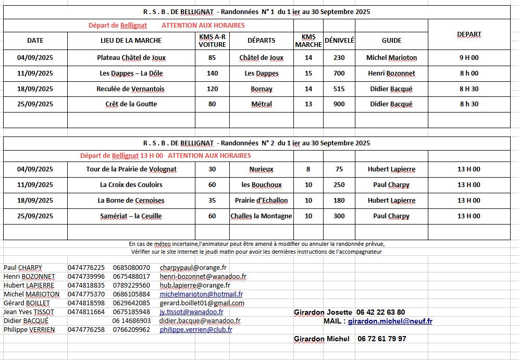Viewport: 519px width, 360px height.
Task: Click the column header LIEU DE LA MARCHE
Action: pos(131,40)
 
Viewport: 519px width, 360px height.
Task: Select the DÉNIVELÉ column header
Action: pos(339,40)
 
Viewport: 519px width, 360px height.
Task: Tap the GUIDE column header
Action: pos(391,40)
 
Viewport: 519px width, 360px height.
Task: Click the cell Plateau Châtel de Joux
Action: pos(131,58)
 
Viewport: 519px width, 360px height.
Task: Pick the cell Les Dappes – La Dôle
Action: pos(131,73)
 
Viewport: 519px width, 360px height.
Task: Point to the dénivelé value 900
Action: pos(339,104)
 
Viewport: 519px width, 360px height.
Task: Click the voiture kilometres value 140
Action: pos(212,73)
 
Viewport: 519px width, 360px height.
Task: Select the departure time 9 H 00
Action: pos(468,58)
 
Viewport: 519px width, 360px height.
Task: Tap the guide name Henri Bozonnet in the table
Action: pos(391,73)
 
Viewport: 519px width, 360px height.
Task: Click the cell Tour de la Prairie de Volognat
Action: pos(131,169)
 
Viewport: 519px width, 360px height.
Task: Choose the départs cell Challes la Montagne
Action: pos(261,216)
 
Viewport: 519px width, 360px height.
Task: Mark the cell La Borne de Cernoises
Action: pos(131,201)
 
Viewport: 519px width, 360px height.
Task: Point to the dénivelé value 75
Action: pos(339,169)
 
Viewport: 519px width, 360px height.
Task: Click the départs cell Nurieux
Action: pos(261,169)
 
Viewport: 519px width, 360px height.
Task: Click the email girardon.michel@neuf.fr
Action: pos(390,321)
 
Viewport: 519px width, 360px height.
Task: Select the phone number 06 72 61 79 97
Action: pos(381,339)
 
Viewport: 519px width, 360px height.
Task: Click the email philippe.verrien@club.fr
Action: pos(196,330)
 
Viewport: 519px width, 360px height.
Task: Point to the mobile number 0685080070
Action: pos(131,268)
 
